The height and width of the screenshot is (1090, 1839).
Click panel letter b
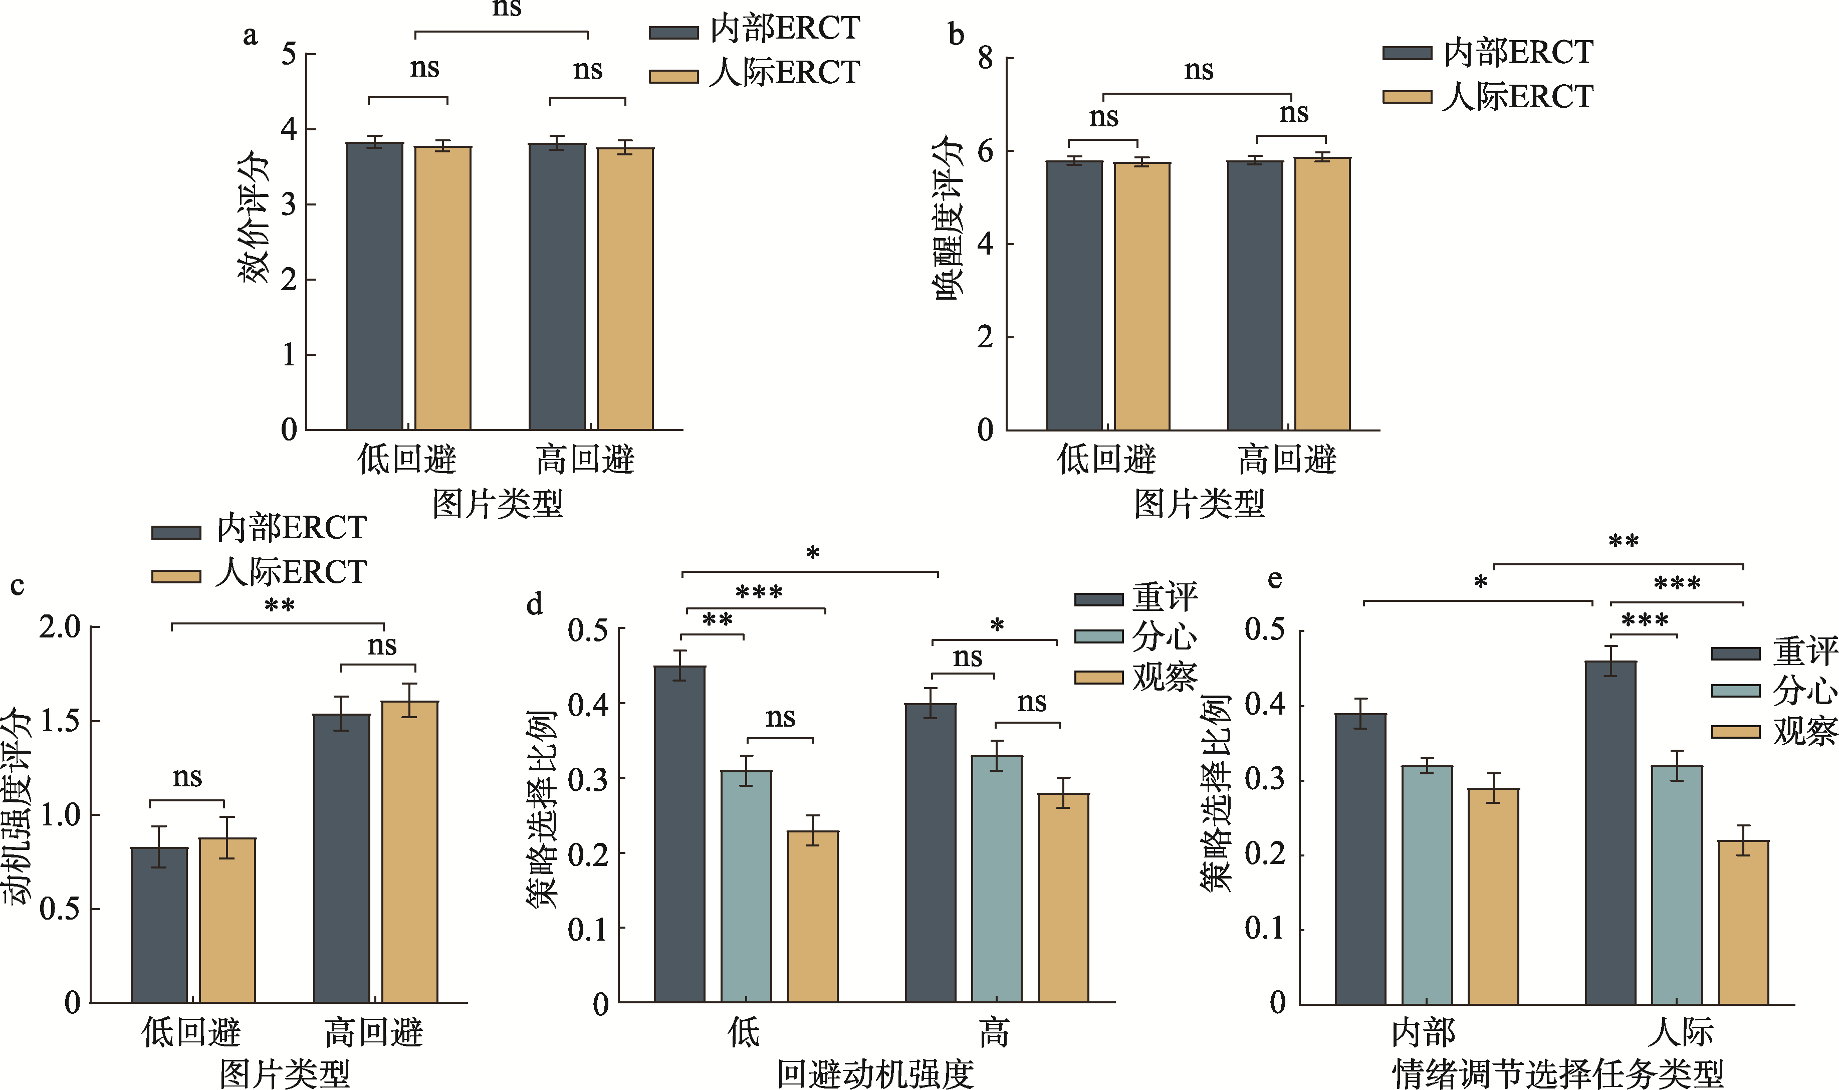point(956,35)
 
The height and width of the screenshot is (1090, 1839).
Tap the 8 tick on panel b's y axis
point(986,58)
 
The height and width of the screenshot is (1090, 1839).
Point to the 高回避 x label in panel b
point(1287,460)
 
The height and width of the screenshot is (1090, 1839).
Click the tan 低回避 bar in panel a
point(443,288)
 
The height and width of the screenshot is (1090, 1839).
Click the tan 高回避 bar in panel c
point(410,852)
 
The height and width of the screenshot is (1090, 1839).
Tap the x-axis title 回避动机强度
point(875,1074)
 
